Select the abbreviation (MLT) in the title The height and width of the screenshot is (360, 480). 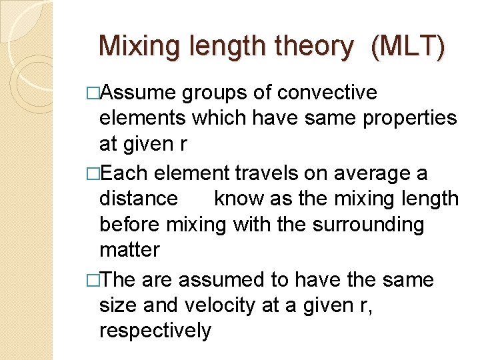[x=407, y=47]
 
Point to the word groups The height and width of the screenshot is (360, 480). [x=217, y=93]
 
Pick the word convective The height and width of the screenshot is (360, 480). [x=327, y=93]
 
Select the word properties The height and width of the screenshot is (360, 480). [x=407, y=118]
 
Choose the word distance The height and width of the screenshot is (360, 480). [x=139, y=199]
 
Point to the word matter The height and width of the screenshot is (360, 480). [x=129, y=250]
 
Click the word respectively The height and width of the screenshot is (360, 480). [x=155, y=330]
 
